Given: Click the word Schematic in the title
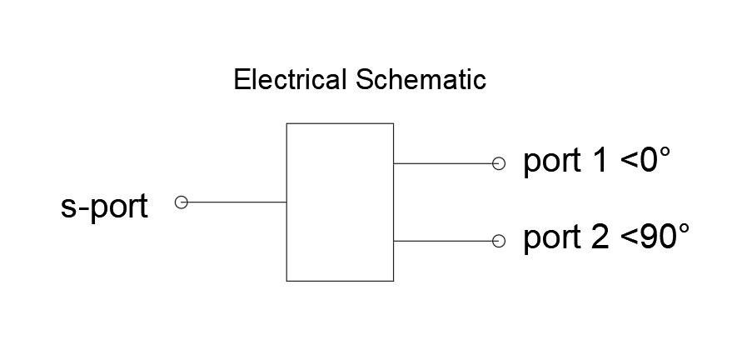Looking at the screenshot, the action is pos(421,79).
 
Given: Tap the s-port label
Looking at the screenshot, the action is pos(104,206).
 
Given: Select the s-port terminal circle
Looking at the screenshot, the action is pos(182,202).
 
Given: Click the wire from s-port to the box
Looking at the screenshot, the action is pos(237,202).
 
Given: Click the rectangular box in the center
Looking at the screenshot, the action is pos(286,202).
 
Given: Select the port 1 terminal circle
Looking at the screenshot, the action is pos(499,163).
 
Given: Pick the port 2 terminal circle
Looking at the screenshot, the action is pos(499,241).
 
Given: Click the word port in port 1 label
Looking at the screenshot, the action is pos(552,162).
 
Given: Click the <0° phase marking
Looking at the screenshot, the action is pos(645,160).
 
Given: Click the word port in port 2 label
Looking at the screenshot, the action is pos(552,238).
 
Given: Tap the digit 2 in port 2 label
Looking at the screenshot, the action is pos(601,237).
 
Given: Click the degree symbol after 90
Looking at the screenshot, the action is pos(683,230).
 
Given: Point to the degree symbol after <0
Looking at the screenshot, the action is pos(664,153).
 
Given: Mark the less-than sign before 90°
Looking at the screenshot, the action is pos(630,238).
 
